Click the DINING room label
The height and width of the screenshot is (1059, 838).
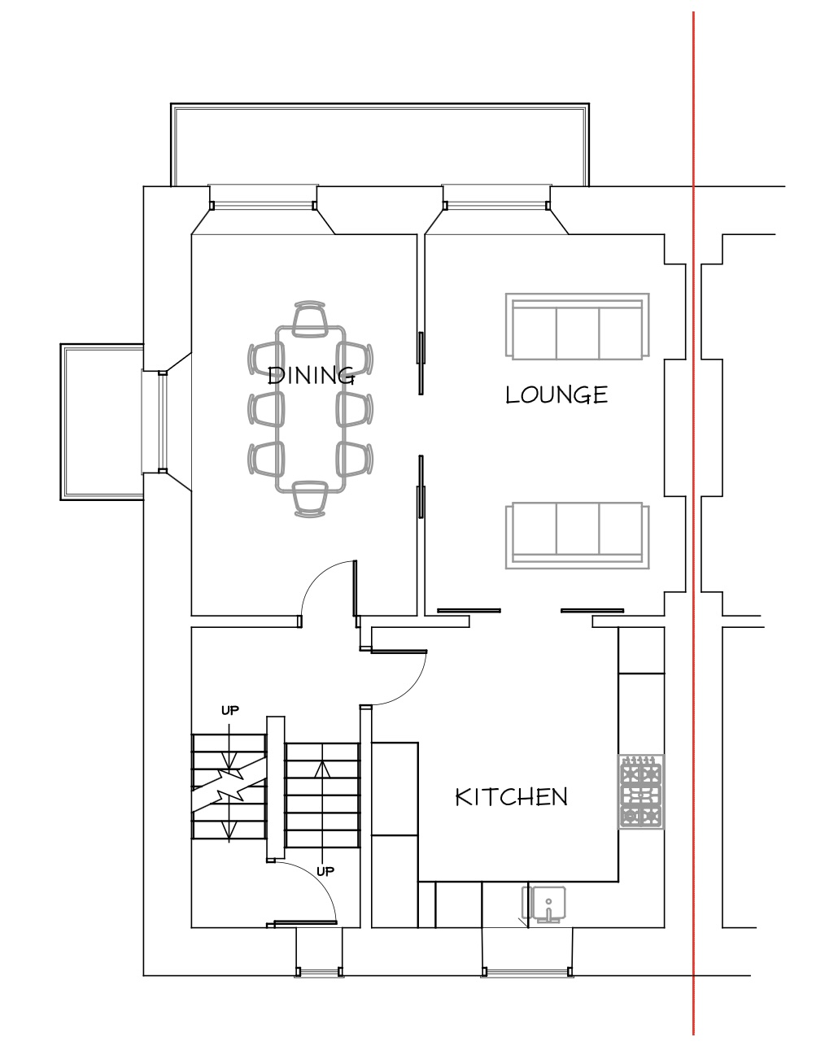(311, 376)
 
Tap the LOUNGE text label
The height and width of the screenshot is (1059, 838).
(556, 394)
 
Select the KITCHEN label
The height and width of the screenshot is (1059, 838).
(512, 797)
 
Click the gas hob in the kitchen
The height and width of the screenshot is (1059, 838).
(641, 791)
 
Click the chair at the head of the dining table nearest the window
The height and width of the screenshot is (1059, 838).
(310, 319)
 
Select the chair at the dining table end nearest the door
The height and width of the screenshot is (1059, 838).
(310, 499)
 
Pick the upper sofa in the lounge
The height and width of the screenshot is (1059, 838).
(577, 327)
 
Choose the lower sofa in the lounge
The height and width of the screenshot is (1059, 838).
(577, 535)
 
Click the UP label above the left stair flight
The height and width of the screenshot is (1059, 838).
(230, 711)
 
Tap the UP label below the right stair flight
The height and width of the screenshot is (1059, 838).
(325, 871)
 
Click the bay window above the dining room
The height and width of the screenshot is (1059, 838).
(264, 210)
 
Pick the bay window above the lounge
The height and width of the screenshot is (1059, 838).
(497, 210)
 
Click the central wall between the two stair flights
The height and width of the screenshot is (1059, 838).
(276, 788)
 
